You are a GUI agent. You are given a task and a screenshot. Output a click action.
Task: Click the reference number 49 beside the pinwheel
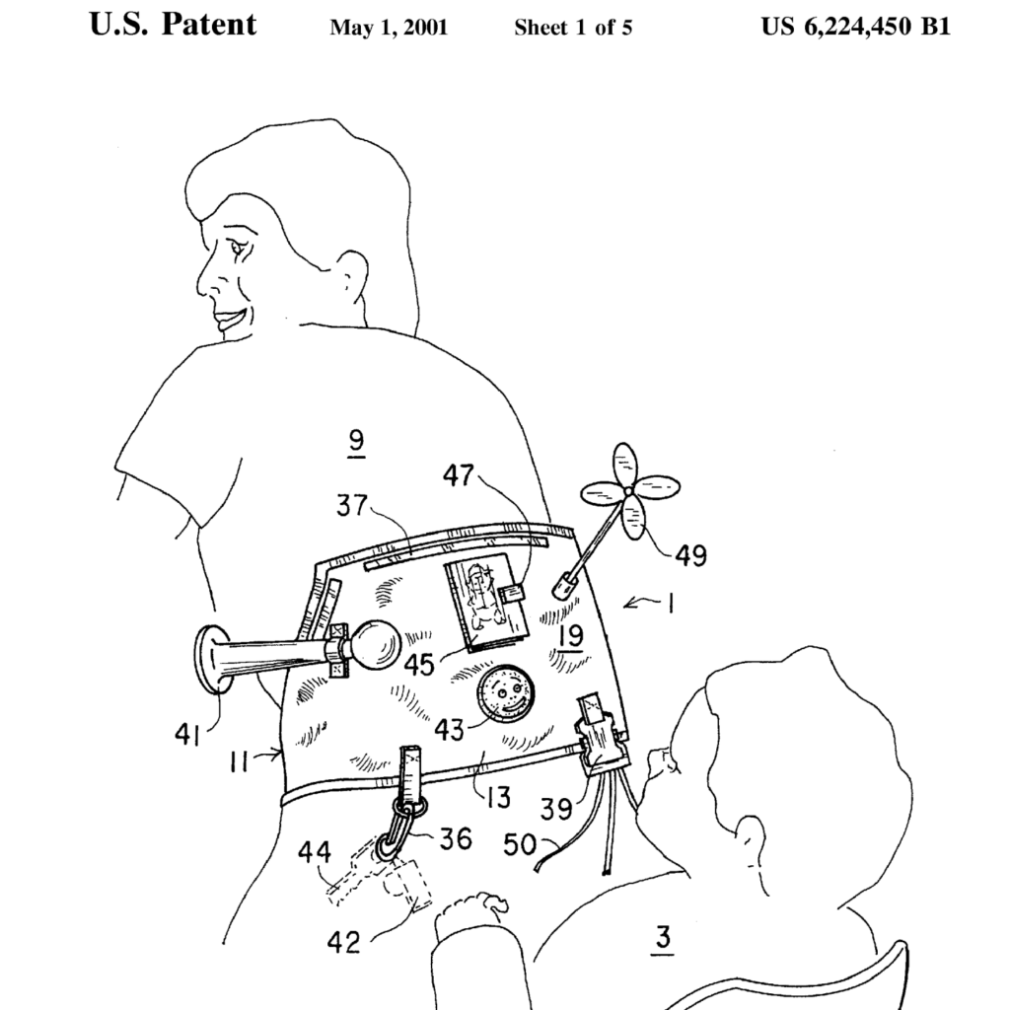[690, 556]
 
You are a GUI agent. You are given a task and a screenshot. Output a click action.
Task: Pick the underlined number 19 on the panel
[569, 636]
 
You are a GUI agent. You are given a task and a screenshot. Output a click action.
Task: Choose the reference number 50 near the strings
[520, 843]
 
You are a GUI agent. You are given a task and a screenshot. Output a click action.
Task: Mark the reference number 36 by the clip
[455, 839]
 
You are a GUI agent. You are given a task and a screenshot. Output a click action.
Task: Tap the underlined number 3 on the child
[663, 937]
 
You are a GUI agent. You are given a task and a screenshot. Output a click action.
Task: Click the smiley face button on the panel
[504, 693]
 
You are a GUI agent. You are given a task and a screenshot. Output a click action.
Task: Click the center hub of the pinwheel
[627, 490]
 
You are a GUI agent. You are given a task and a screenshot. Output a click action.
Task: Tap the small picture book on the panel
[482, 604]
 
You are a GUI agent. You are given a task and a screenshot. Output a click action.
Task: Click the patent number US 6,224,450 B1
[855, 27]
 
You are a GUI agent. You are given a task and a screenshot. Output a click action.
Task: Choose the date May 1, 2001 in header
[389, 28]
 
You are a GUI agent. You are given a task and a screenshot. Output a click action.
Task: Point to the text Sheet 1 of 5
[573, 28]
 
